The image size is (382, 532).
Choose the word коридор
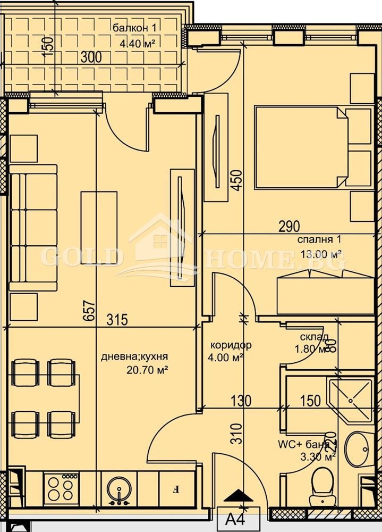point(230,345)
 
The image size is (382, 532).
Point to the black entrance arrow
point(238,496)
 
